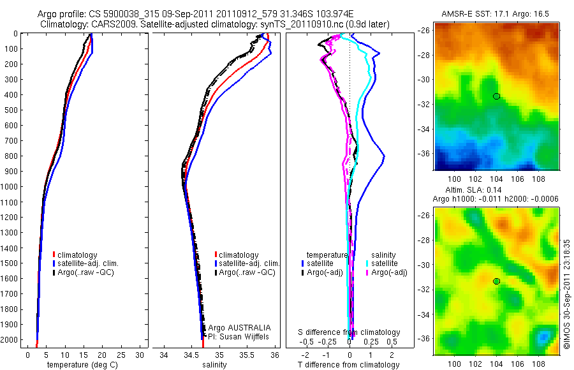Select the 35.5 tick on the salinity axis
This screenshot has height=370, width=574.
(247, 354)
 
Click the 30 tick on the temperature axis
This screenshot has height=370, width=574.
(140, 354)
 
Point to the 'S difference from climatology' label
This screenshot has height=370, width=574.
(350, 332)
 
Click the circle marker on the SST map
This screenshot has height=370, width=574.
(496, 96)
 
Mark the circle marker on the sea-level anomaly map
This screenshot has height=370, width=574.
(496, 281)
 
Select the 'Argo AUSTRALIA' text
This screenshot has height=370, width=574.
(235, 327)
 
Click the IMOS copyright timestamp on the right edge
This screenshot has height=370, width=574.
(567, 293)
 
